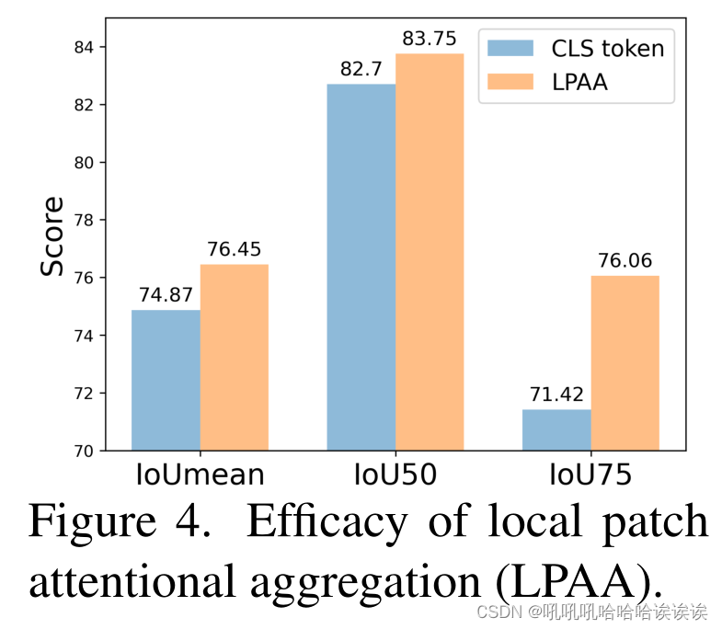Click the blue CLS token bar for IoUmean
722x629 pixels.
(166, 380)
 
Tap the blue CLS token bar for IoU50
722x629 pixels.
(361, 267)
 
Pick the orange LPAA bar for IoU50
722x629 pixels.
(430, 252)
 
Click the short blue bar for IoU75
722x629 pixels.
(556, 429)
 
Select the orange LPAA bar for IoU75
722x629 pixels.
(625, 362)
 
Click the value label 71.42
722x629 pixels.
(556, 395)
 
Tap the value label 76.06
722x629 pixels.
(625, 261)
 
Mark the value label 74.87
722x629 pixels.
(166, 295)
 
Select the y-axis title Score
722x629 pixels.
(53, 236)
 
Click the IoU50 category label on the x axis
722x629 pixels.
(395, 475)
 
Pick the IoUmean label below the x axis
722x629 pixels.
(200, 475)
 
